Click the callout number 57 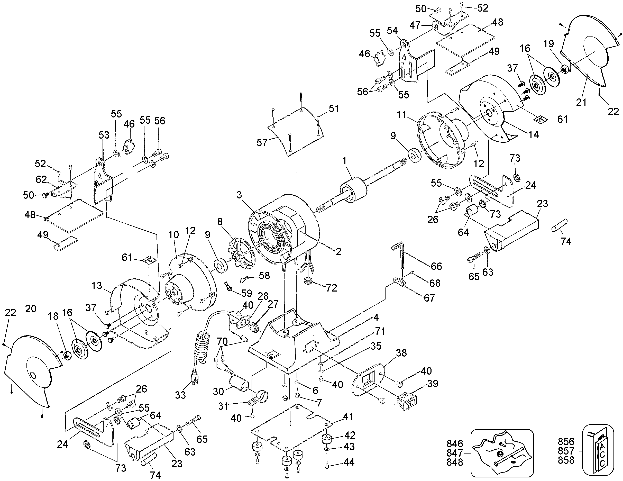[262, 143]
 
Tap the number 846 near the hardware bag [455, 443]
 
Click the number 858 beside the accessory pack [566, 460]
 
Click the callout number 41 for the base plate [348, 417]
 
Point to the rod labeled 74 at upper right [559, 225]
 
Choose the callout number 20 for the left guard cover [31, 309]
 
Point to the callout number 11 [402, 115]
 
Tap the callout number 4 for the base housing [376, 317]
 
